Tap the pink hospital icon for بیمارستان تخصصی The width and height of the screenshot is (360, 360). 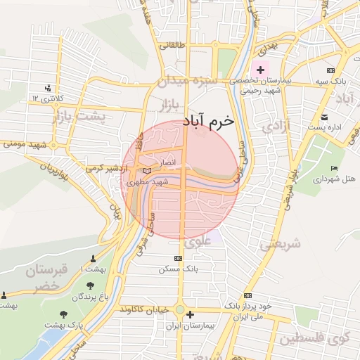(261, 70)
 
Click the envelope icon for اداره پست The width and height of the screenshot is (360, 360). (324, 117)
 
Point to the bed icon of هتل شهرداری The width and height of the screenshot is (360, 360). (333, 168)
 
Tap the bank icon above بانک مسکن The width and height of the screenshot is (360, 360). (178, 259)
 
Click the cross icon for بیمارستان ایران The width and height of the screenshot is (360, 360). (190, 314)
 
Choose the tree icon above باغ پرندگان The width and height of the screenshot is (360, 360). (90, 285)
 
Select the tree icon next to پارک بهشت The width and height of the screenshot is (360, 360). (65, 314)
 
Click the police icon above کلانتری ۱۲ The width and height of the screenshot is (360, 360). (48, 88)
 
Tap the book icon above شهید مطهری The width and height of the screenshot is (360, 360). (147, 171)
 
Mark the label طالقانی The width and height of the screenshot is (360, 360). (174, 46)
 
